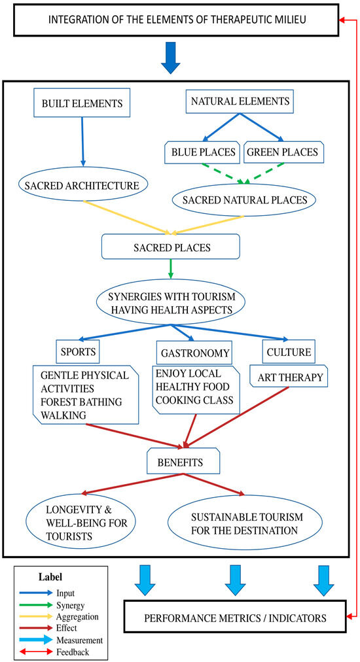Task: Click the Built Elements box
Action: coord(82,102)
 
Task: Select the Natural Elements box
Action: coord(240,101)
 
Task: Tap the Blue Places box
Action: coord(203,152)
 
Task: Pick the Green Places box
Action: coord(284,152)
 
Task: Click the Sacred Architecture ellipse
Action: coord(84,185)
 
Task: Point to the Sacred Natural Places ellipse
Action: coord(245,200)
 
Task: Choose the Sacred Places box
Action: coord(171,247)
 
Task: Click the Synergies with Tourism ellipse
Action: coord(171,304)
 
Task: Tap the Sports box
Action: coord(78,352)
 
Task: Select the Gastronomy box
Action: coord(195,353)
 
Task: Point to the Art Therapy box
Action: coord(289,377)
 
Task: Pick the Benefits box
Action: coord(183,461)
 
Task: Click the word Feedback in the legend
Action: coord(73,652)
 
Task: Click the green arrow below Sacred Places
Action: coord(171,269)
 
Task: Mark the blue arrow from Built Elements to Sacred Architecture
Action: coord(82,142)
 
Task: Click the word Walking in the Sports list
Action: coord(63,415)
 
